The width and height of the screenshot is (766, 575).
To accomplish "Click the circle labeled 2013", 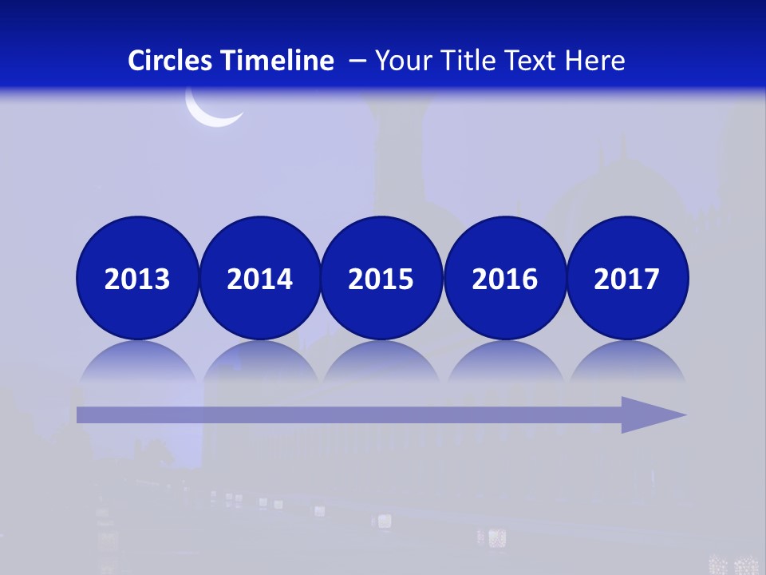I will point(137,278).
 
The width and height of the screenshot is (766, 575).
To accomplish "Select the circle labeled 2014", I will point(259,278).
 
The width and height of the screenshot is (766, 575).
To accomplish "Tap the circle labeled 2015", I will point(381,278).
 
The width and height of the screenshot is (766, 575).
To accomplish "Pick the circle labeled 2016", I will point(504,278).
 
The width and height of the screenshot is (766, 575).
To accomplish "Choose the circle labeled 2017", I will point(627,278).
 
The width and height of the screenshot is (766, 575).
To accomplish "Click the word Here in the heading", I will point(595,61).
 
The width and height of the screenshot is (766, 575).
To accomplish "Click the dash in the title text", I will point(357,61).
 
